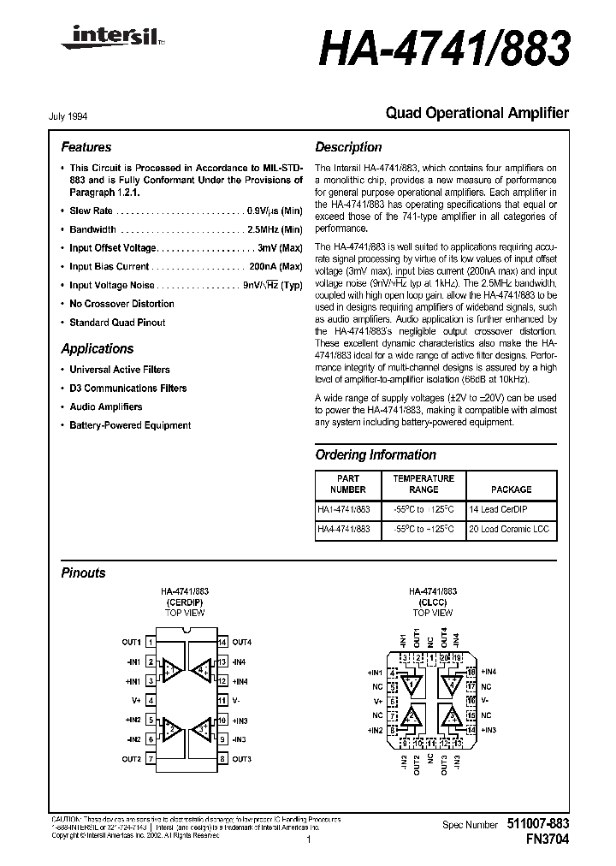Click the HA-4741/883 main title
tap(444, 50)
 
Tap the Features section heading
tap(86, 147)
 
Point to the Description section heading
tap(348, 147)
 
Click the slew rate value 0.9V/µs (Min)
tap(274, 211)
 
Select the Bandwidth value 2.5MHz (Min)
tap(275, 229)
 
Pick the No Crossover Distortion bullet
tap(121, 304)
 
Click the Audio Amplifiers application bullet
tap(105, 407)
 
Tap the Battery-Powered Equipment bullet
tap(130, 425)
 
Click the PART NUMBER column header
tap(348, 484)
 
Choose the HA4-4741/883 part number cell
tap(344, 530)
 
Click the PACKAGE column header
tap(511, 489)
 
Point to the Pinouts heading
tap(84, 573)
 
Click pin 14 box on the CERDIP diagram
tap(222, 642)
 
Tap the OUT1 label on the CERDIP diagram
tap(131, 642)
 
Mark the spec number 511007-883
tap(536, 823)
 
